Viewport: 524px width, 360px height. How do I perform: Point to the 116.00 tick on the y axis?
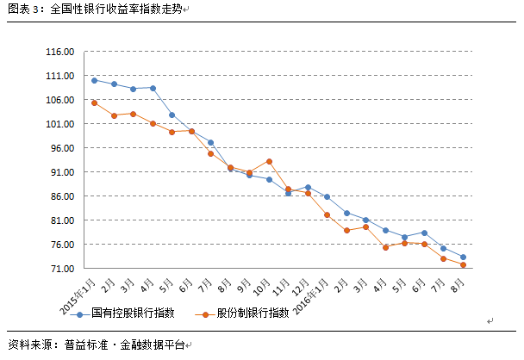pyautogui.click(x=60, y=52)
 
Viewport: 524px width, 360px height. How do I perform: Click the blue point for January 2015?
pyautogui.click(x=94, y=80)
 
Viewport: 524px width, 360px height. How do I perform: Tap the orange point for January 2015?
pyautogui.click(x=94, y=102)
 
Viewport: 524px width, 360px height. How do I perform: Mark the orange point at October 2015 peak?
pyautogui.click(x=269, y=161)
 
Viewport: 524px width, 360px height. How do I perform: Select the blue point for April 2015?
pyautogui.click(x=153, y=88)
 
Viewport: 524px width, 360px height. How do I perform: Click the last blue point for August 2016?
pyautogui.click(x=463, y=258)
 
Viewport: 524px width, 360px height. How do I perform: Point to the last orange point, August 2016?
pyautogui.click(x=463, y=265)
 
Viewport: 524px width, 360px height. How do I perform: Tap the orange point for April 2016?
pyautogui.click(x=385, y=247)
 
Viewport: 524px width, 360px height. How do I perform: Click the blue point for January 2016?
pyautogui.click(x=327, y=197)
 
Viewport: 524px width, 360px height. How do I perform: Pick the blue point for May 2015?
pyautogui.click(x=172, y=115)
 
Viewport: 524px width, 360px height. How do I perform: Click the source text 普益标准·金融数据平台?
pyautogui.click(x=124, y=344)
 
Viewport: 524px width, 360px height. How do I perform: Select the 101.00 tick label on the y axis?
pyautogui.click(x=60, y=124)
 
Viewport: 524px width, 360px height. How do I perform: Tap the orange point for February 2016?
pyautogui.click(x=346, y=231)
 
